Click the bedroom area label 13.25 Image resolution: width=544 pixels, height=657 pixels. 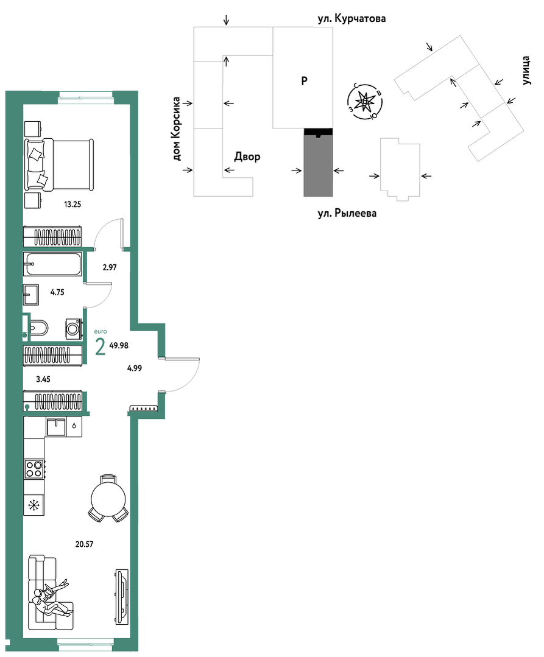tap(72, 205)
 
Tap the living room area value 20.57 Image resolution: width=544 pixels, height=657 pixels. tap(84, 544)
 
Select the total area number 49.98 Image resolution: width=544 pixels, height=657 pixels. tap(119, 346)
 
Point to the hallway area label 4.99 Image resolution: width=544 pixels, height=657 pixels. tap(135, 368)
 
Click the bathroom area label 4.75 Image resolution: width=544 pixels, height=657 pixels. tap(57, 292)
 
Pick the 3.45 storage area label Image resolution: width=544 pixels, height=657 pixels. tap(43, 379)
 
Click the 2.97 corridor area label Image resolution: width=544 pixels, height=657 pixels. tap(110, 267)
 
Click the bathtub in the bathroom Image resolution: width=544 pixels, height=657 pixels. tap(53, 264)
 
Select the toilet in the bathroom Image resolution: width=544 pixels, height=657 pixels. tap(38, 328)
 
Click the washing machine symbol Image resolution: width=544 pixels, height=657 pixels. tap(74, 329)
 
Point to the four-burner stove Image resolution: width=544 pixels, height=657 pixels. tap(34, 469)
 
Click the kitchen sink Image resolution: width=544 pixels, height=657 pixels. tap(56, 427)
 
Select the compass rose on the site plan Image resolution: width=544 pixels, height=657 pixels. tap(365, 102)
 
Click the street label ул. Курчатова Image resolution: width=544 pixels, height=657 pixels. tap(351, 19)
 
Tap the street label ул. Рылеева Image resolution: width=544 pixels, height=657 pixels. tap(347, 213)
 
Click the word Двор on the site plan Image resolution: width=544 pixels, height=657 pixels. tap(247, 156)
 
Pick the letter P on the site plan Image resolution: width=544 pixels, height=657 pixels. tap(304, 80)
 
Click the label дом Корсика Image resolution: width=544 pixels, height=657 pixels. tap(176, 129)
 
